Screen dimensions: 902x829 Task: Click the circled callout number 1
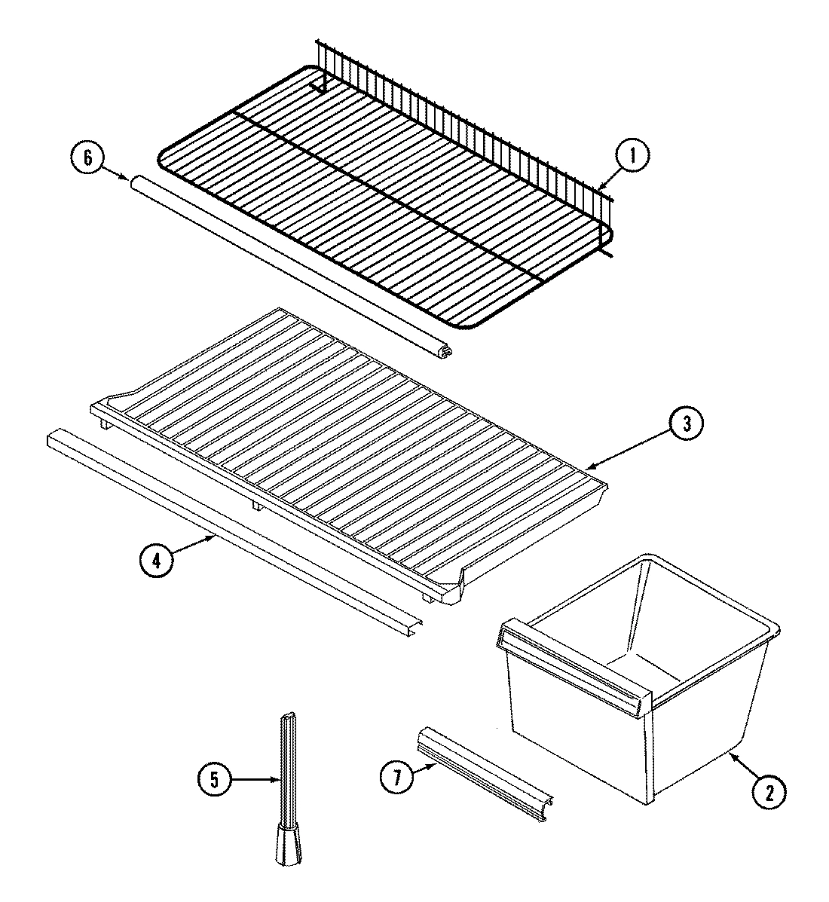click(632, 156)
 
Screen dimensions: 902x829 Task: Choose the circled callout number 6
click(87, 157)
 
